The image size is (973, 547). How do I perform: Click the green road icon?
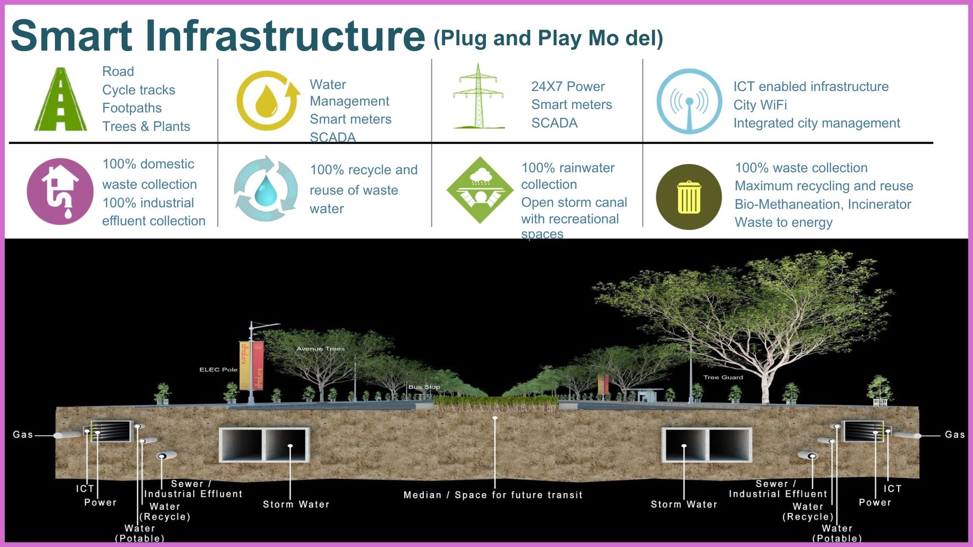[60, 100]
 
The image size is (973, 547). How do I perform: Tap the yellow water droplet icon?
[267, 101]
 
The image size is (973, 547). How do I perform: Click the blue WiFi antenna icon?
[689, 101]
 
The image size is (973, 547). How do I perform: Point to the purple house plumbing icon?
[60, 191]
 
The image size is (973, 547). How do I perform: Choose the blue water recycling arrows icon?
[266, 188]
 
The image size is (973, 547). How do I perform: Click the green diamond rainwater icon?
[480, 190]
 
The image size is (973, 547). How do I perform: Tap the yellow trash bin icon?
[689, 197]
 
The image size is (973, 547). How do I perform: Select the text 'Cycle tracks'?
[139, 90]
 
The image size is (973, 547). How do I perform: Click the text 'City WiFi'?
[760, 105]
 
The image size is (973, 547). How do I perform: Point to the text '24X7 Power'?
[568, 87]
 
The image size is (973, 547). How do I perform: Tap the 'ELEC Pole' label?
[218, 370]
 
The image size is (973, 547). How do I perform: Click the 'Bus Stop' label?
[424, 387]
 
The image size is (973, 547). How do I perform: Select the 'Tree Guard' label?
[723, 377]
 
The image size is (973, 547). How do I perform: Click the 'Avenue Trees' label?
[321, 348]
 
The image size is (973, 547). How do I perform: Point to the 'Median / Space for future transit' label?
[493, 495]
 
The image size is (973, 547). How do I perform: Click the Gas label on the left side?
[23, 435]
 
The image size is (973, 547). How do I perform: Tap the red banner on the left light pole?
[258, 365]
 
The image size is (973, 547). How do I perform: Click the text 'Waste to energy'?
[783, 222]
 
